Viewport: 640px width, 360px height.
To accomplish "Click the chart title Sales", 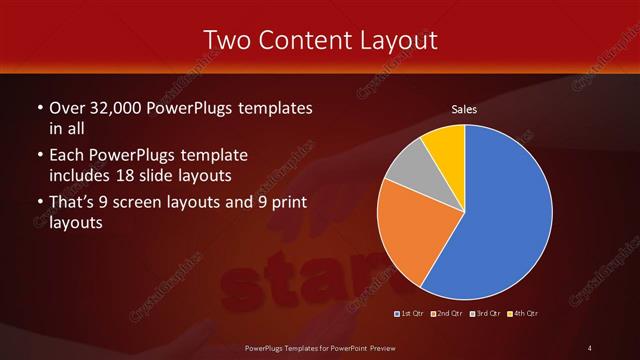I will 464,109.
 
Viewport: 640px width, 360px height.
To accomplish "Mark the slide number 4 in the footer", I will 589,347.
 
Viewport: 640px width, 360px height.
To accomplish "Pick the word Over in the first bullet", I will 65,107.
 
